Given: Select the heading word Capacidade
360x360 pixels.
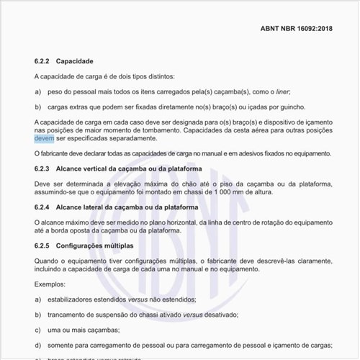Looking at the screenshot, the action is click(x=75, y=61).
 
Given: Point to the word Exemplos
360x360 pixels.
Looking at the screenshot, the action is click(x=50, y=284).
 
